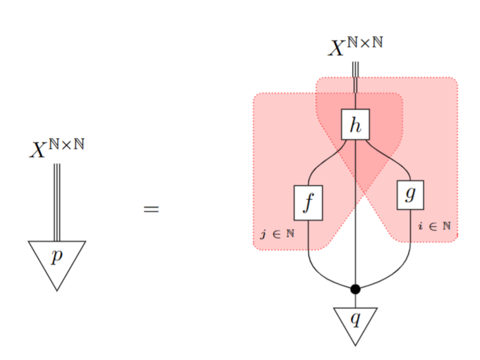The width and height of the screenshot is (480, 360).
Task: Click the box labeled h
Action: click(355, 124)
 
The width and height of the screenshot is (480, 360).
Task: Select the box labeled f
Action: click(308, 202)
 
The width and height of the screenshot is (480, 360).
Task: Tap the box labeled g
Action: click(410, 194)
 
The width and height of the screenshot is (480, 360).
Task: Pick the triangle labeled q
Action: click(355, 323)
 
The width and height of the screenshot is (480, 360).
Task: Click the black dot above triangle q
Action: click(355, 289)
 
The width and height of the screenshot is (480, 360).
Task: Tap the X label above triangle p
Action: click(57, 149)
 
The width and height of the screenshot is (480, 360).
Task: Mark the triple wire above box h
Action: click(356, 79)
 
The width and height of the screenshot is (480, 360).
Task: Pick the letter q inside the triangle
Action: click(355, 318)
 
